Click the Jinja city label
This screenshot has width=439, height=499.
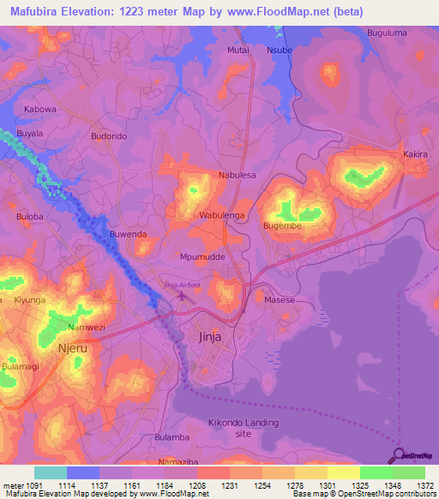point(209,337)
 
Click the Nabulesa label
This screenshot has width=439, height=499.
point(238,175)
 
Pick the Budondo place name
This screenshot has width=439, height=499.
point(109,136)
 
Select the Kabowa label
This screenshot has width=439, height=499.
point(40,110)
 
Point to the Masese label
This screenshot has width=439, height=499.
point(279,300)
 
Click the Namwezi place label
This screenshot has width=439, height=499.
point(87,328)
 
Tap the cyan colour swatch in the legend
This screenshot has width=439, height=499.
point(51,472)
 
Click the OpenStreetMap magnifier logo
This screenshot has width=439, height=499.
point(398,456)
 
